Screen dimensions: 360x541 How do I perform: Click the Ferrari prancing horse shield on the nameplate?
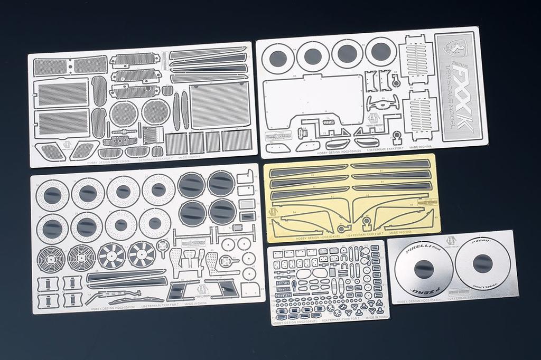point(455,48)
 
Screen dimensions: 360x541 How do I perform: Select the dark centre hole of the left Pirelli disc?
point(423,268)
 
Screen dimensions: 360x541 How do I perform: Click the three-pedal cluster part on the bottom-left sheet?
point(188,260)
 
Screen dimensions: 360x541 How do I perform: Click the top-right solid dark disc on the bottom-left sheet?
point(221,183)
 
